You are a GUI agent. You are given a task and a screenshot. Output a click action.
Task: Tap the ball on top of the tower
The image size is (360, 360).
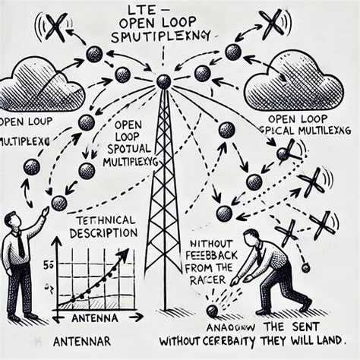163,81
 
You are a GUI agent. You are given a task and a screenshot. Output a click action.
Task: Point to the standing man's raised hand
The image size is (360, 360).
45,211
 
